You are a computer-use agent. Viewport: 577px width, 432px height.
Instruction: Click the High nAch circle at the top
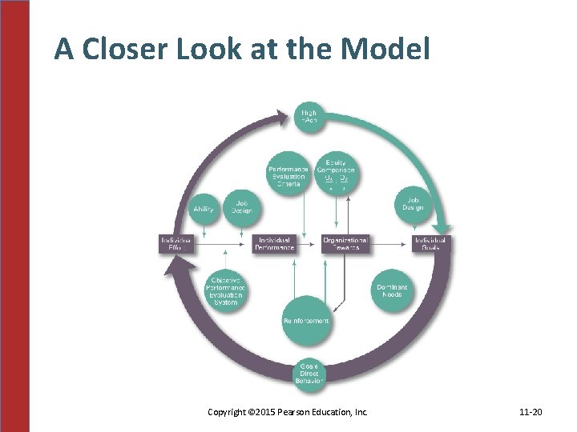tap(309, 117)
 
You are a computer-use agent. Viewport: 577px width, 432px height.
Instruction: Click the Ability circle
tap(204, 209)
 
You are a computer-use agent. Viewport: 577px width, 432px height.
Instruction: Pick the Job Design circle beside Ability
tap(241, 207)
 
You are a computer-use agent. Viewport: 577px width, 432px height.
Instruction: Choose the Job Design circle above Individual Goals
tap(414, 204)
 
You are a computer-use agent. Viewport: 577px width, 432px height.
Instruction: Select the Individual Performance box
tap(275, 244)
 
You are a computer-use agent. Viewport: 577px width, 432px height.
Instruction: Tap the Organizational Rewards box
tap(345, 244)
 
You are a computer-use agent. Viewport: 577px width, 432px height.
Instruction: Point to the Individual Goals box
tap(431, 244)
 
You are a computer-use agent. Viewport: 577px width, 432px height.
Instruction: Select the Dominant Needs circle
tap(392, 290)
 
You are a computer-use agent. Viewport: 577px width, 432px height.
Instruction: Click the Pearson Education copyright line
tap(288, 412)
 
